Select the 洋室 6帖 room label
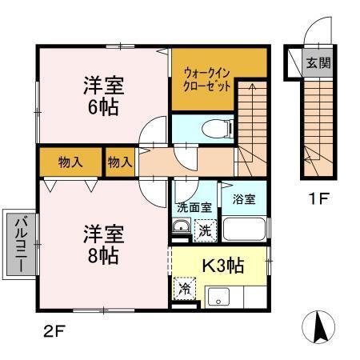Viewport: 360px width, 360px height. [104, 96]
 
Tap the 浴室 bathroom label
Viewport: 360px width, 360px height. [244, 200]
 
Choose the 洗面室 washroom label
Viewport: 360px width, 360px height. [194, 206]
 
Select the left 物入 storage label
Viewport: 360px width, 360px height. [70, 162]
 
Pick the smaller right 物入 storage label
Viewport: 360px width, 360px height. [120, 162]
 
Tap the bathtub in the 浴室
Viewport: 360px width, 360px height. [244, 230]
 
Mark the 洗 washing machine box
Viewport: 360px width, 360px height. [204, 230]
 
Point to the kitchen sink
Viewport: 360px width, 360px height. [218, 298]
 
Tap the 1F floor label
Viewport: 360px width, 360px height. [317, 196]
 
